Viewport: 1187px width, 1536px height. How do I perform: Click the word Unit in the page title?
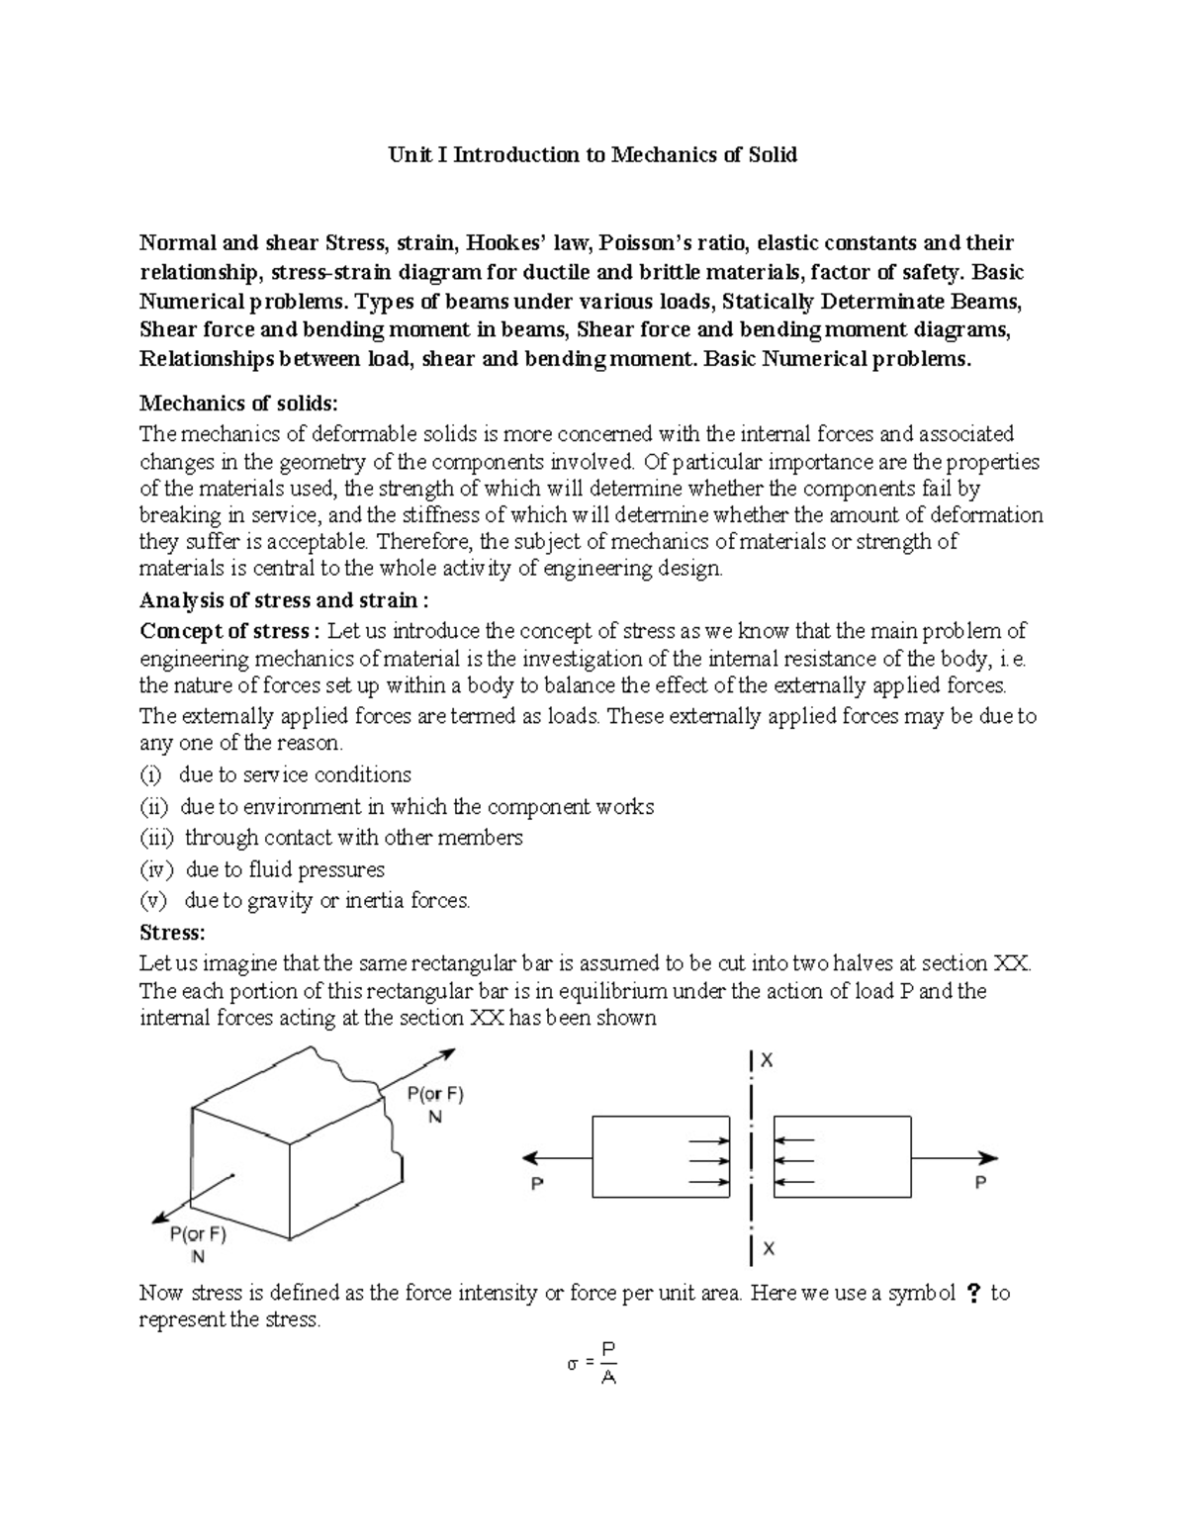point(404,154)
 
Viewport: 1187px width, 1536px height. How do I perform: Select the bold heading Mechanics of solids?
point(238,403)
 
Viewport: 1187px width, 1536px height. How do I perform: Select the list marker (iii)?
point(156,838)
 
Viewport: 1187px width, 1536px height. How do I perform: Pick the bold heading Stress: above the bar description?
point(172,932)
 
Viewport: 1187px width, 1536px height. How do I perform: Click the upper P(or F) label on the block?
point(435,1094)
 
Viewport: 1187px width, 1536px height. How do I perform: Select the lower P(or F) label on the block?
point(198,1234)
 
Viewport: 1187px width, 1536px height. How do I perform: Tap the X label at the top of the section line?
point(767,1060)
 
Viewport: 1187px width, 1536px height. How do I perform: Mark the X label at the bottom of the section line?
point(769,1249)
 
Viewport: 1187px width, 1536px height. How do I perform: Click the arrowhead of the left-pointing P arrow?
point(529,1158)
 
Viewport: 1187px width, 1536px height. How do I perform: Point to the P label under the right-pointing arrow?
point(980,1182)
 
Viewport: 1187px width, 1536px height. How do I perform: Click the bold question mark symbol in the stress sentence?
point(973,1293)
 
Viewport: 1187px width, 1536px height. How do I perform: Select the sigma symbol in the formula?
point(572,1364)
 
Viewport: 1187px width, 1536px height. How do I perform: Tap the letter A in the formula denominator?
point(608,1377)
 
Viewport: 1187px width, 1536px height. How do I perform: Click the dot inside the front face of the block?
point(231,1175)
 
